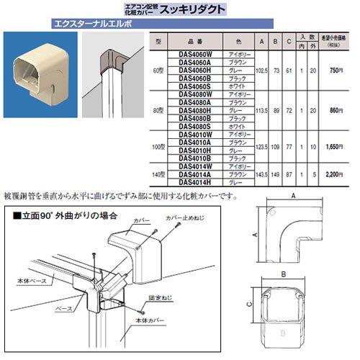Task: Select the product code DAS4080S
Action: pos(188,126)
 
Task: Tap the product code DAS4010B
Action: pos(188,158)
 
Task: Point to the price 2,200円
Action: pos(332,174)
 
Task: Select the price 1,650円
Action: pos(332,145)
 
